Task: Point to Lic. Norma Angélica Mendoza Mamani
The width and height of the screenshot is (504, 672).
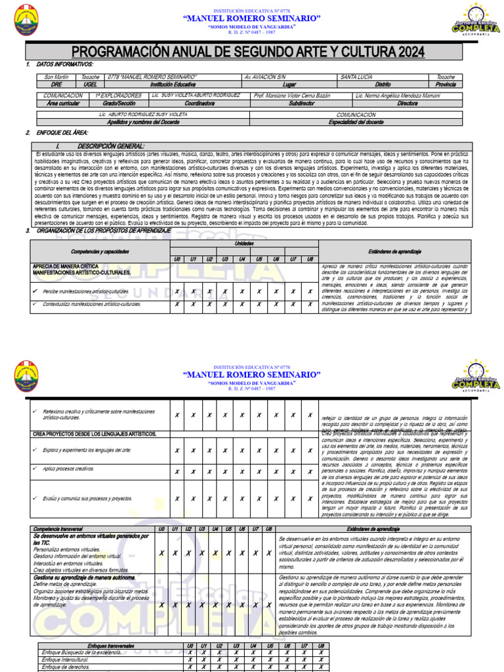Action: [398, 96]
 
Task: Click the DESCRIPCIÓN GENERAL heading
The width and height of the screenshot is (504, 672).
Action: [110, 146]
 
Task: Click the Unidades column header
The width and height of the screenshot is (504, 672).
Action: [243, 243]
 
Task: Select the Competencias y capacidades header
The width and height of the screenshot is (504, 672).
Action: [100, 251]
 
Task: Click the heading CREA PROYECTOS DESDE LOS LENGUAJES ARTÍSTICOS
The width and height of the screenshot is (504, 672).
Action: [94, 434]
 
